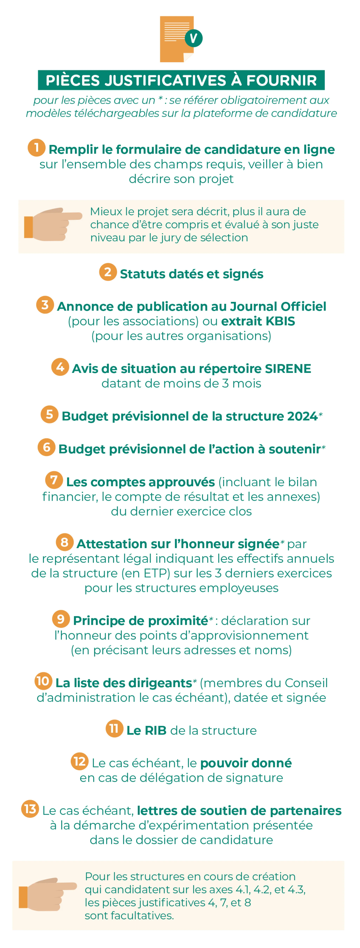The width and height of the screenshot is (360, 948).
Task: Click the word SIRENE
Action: pos(288,369)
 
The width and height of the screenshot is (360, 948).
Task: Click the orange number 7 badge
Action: pos(54,480)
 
